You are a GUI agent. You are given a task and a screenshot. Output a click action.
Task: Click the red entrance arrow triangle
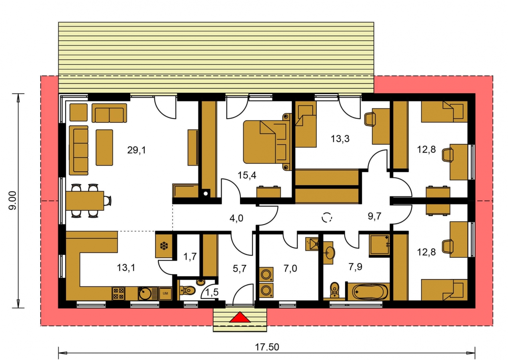(x=240, y=317)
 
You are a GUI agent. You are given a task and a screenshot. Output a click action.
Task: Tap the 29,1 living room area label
(x=136, y=150)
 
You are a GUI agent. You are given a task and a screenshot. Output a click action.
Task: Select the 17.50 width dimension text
(x=267, y=347)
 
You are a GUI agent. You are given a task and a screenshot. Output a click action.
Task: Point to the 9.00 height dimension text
(x=13, y=200)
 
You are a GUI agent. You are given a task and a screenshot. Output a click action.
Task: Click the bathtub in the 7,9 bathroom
(x=368, y=292)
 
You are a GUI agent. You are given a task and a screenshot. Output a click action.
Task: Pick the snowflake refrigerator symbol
(x=164, y=246)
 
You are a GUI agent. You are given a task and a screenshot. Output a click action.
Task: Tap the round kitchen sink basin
(x=145, y=294)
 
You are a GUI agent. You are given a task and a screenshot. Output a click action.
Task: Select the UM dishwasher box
(x=165, y=294)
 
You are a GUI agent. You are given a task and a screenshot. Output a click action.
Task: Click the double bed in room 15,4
(x=267, y=142)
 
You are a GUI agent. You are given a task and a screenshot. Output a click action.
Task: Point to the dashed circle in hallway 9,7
(x=327, y=217)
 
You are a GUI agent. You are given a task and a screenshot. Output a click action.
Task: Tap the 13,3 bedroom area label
(x=340, y=139)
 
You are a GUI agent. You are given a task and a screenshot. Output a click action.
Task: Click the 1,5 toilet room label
(x=212, y=292)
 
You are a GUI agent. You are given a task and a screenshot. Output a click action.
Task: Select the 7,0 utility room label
(x=290, y=268)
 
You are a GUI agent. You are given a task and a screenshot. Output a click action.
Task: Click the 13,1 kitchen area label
(x=126, y=268)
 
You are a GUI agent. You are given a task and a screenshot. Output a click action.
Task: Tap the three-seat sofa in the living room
(x=79, y=150)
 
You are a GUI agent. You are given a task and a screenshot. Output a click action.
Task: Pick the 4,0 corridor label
(x=236, y=218)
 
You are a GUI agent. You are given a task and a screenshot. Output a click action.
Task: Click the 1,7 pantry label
(x=190, y=257)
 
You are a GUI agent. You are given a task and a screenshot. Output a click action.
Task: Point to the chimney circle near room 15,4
(x=206, y=194)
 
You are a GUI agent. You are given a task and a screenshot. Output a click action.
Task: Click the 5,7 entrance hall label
(x=240, y=268)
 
